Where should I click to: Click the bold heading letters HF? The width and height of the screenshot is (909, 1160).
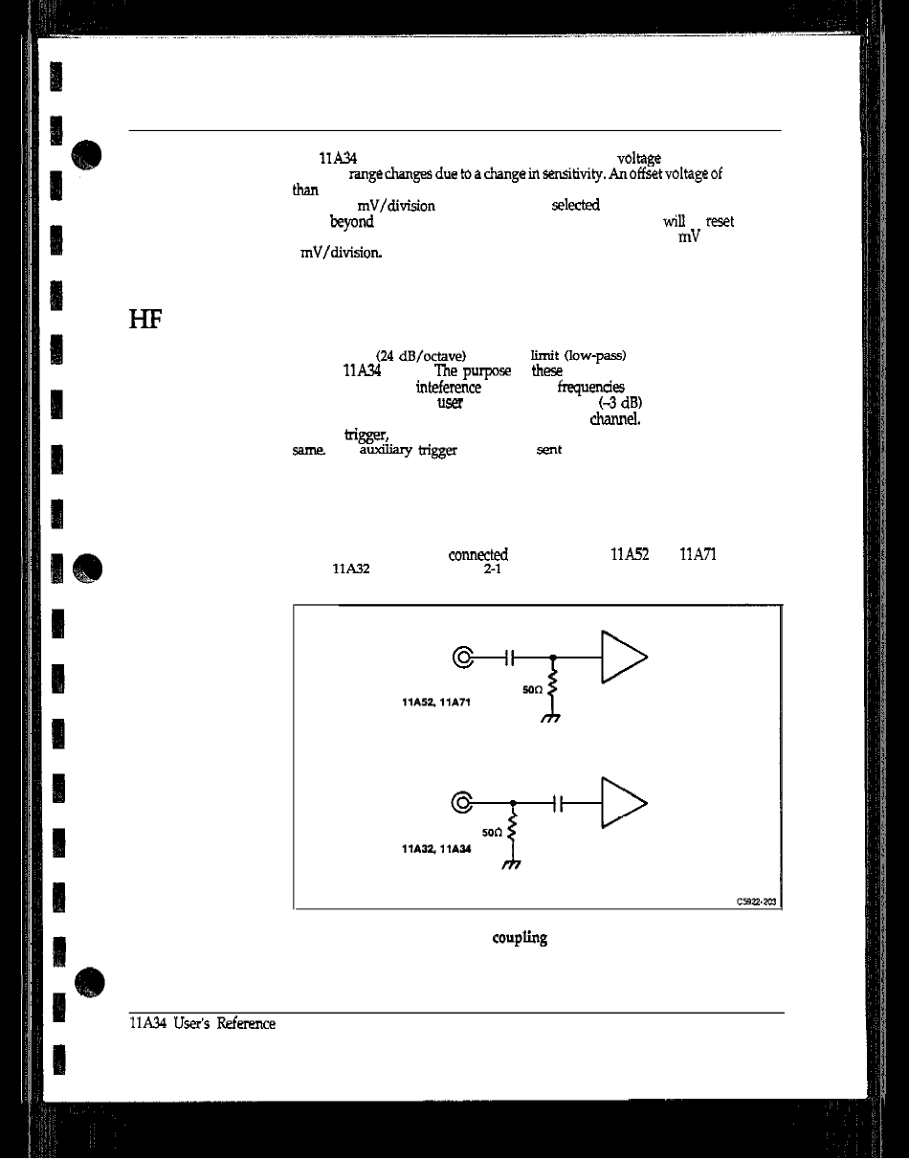141,320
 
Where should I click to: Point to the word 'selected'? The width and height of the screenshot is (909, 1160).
575,205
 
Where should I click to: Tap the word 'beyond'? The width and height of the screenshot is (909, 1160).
351,222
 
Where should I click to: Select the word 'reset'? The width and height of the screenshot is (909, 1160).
719,221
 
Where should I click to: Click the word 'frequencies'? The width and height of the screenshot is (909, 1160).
590,387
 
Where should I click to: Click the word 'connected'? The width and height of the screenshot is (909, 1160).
477,554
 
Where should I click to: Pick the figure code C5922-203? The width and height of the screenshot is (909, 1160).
757,900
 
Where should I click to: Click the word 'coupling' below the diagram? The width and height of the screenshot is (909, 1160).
520,938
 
